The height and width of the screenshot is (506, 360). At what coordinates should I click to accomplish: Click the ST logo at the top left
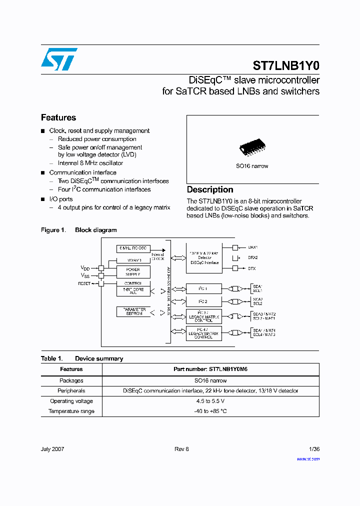59,59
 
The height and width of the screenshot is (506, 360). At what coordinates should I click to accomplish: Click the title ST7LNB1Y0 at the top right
286,65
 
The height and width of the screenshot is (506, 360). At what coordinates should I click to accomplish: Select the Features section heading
58,117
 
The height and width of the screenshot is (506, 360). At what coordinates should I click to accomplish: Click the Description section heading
210,189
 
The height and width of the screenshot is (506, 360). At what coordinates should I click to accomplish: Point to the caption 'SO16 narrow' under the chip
252,166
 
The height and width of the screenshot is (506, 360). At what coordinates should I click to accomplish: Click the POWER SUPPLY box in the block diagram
133,272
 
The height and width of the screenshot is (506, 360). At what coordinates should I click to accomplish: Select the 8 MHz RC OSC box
133,248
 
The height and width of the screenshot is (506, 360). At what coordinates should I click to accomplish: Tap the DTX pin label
252,268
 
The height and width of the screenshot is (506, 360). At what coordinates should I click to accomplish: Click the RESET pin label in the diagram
84,283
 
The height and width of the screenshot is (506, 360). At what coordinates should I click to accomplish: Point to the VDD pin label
85,267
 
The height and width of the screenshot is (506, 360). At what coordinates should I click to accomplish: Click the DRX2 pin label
253,257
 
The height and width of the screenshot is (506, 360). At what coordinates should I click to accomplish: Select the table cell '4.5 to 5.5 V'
210,401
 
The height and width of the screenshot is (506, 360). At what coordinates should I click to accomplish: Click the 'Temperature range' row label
71,411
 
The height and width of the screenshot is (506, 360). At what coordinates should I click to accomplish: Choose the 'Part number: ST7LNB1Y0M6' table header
210,369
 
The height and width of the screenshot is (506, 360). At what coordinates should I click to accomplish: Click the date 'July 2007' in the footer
52,449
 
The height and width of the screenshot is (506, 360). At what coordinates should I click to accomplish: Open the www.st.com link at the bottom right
308,458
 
